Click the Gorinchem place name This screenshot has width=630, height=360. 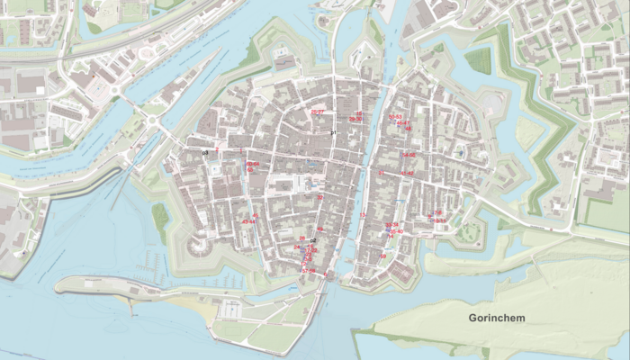click(497, 319)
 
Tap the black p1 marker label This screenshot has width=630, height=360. click(332, 133)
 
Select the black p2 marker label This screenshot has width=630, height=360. click(313, 241)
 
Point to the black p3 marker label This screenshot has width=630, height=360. click(205, 154)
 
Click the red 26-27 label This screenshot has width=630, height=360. click(317, 112)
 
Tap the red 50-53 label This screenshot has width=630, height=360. click(395, 117)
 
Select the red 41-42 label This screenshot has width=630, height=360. click(407, 173)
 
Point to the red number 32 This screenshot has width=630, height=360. click(319, 197)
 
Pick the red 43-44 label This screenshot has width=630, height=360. click(248, 220)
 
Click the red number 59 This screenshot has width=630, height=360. click(382, 256)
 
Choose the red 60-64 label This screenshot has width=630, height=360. click(253, 164)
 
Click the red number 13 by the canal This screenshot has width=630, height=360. click(363, 216)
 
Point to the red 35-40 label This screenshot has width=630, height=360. click(395, 232)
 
